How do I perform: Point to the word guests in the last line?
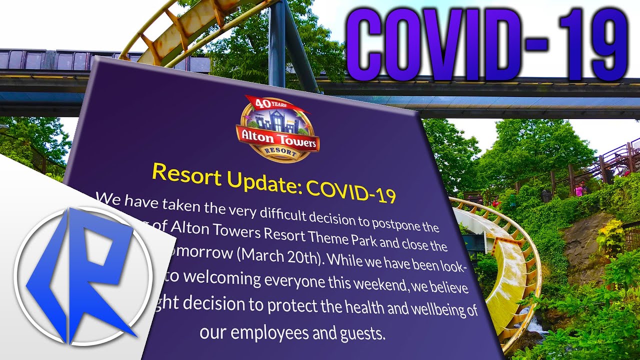[362, 333]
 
